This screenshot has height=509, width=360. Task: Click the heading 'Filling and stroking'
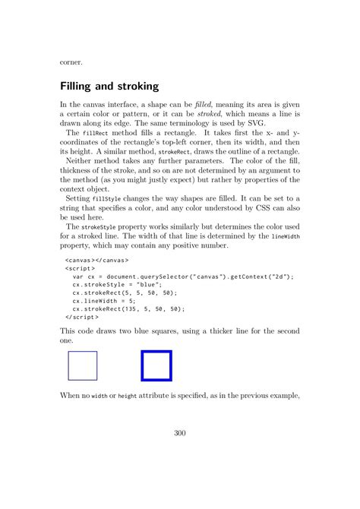tap(118, 87)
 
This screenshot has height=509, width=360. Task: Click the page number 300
tap(180, 434)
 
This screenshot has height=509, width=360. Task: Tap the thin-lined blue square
tap(83, 365)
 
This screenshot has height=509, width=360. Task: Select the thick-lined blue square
tap(156, 365)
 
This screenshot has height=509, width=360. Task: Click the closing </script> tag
tap(80, 318)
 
